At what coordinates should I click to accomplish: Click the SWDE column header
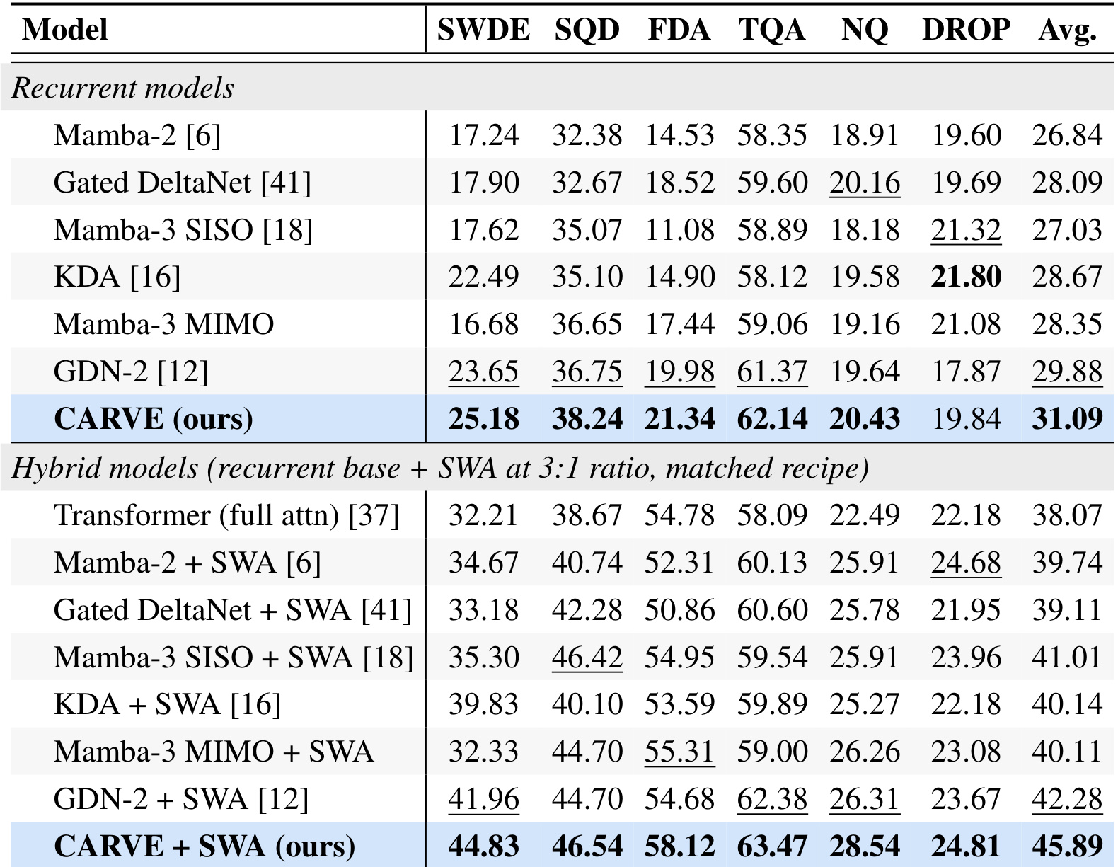click(x=483, y=29)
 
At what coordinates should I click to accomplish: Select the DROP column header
click(x=966, y=29)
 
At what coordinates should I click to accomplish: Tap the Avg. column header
click(x=1068, y=30)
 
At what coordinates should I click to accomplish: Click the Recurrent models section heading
click(x=122, y=88)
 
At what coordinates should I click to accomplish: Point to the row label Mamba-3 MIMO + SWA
click(x=214, y=751)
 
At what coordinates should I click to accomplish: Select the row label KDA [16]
click(x=117, y=277)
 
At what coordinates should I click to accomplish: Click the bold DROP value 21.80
click(x=966, y=277)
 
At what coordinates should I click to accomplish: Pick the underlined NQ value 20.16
click(x=865, y=183)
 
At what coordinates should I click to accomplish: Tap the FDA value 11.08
click(x=680, y=229)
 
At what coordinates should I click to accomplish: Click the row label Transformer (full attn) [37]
click(x=226, y=515)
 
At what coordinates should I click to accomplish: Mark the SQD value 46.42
click(x=587, y=657)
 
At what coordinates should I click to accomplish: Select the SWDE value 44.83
click(x=483, y=846)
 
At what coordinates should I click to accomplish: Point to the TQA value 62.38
click(x=772, y=799)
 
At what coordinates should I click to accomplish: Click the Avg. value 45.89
click(x=1067, y=846)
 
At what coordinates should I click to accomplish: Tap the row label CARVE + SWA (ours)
click(x=204, y=846)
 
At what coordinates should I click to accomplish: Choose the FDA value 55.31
click(x=680, y=752)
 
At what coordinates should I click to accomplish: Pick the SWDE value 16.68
click(x=483, y=324)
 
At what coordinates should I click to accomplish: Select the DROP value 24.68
click(x=966, y=563)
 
